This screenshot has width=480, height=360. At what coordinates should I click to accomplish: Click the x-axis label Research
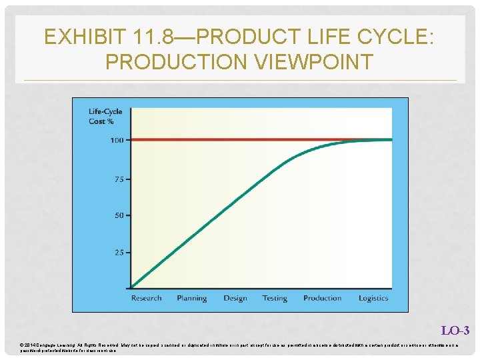[146, 298]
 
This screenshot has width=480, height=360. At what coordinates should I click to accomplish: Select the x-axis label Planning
[192, 298]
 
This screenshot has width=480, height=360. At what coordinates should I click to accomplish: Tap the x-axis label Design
[235, 298]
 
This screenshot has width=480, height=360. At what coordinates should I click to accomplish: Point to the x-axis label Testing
[275, 298]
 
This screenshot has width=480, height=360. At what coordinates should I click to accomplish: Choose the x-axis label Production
[323, 298]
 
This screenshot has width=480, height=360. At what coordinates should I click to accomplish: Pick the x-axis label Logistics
[373, 298]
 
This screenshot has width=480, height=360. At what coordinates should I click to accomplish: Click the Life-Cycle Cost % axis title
[105, 117]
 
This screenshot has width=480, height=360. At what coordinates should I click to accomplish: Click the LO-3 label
[455, 331]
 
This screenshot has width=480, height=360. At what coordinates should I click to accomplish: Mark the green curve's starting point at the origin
[131, 288]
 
